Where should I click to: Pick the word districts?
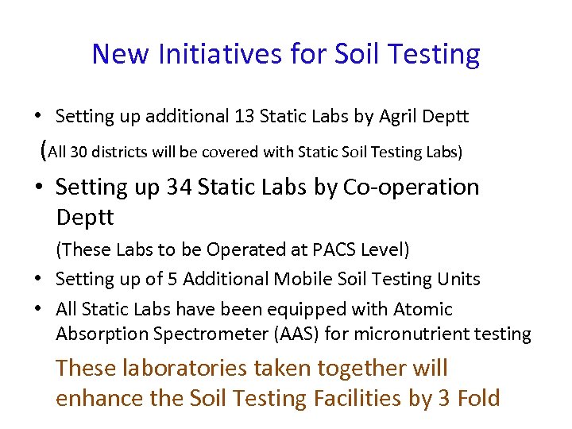click(120, 151)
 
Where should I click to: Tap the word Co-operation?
click(411, 187)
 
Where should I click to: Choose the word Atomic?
click(423, 309)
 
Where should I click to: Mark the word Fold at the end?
click(479, 397)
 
